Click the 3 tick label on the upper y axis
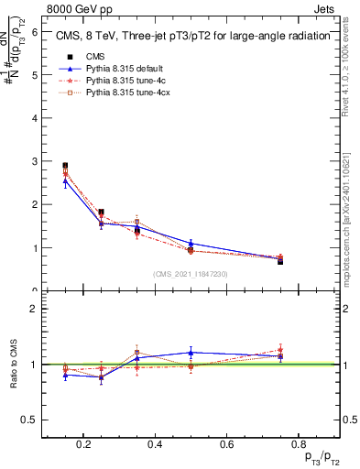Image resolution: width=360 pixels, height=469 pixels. coord(34,161)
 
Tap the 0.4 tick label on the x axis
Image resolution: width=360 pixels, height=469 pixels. coord(155,444)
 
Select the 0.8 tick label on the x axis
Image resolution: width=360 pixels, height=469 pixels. coord(294,444)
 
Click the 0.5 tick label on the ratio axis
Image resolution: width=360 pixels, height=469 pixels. coord(30,420)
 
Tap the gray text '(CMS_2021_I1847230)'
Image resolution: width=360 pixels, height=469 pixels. coord(191,274)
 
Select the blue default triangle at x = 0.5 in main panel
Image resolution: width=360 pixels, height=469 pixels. coord(191,244)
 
